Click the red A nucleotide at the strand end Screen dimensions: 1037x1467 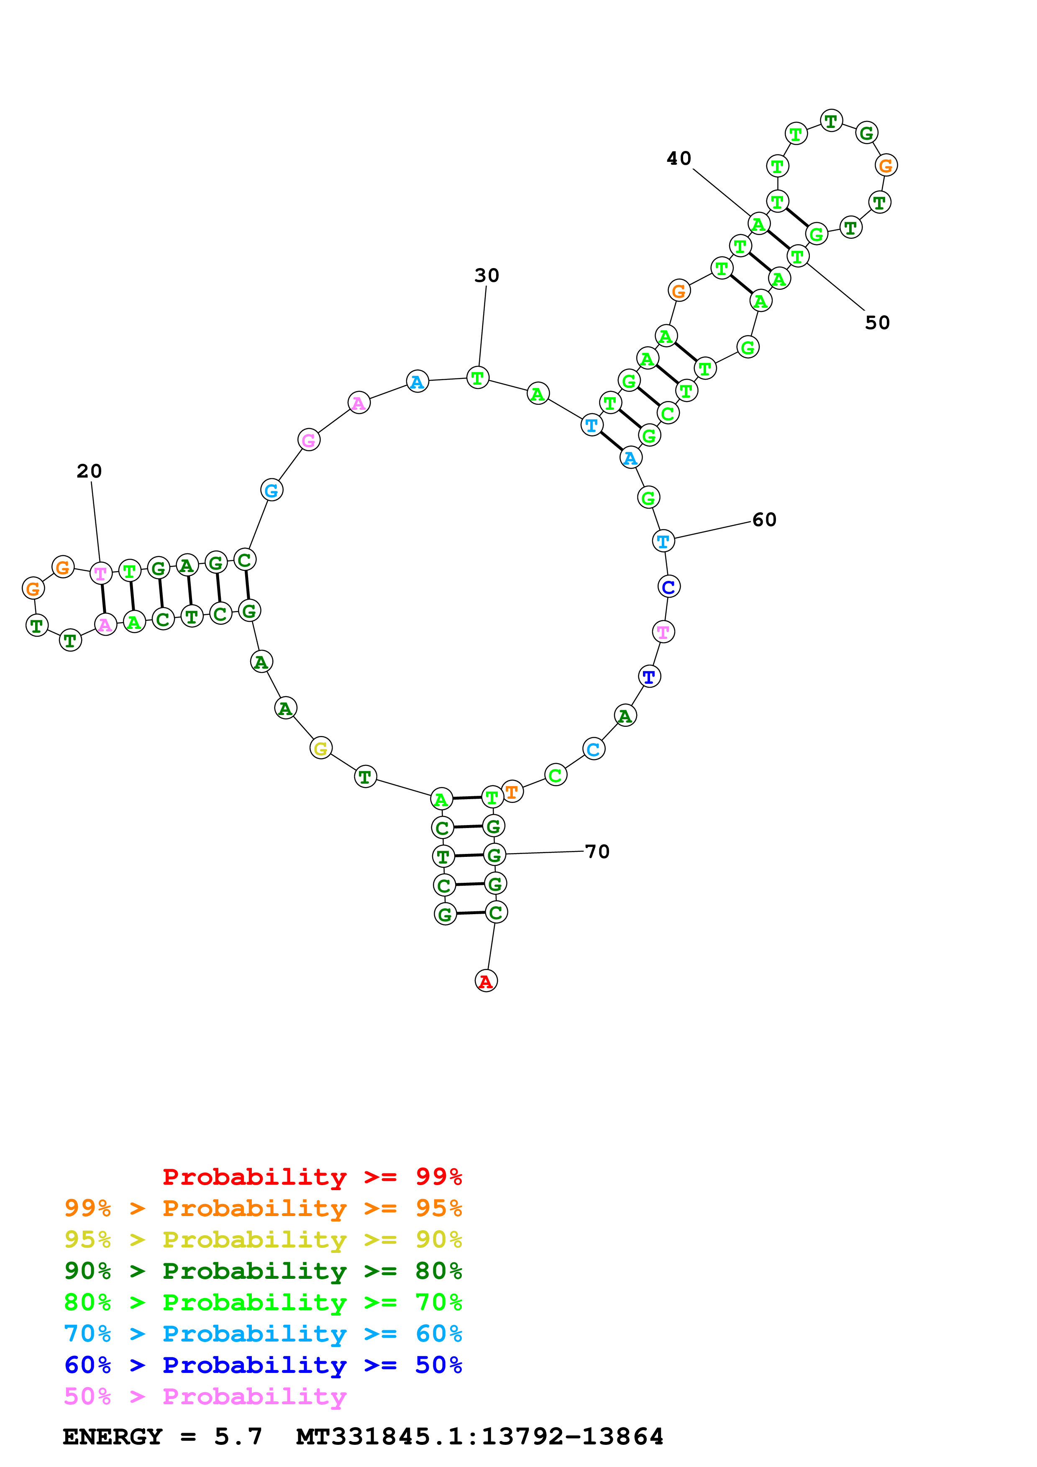coord(486,981)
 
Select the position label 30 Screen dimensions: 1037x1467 coord(486,276)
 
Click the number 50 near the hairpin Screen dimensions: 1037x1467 coord(877,323)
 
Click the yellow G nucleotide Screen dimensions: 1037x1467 coord(321,748)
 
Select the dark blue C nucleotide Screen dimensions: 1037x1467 coord(669,587)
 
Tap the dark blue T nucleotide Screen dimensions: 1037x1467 coord(649,677)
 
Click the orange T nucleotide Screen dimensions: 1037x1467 coord(512,792)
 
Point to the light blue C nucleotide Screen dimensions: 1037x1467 coord(594,749)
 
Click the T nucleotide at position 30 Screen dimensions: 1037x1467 coord(478,378)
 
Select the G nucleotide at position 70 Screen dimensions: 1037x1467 coord(494,854)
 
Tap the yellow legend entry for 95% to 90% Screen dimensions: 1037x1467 coord(263,1239)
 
